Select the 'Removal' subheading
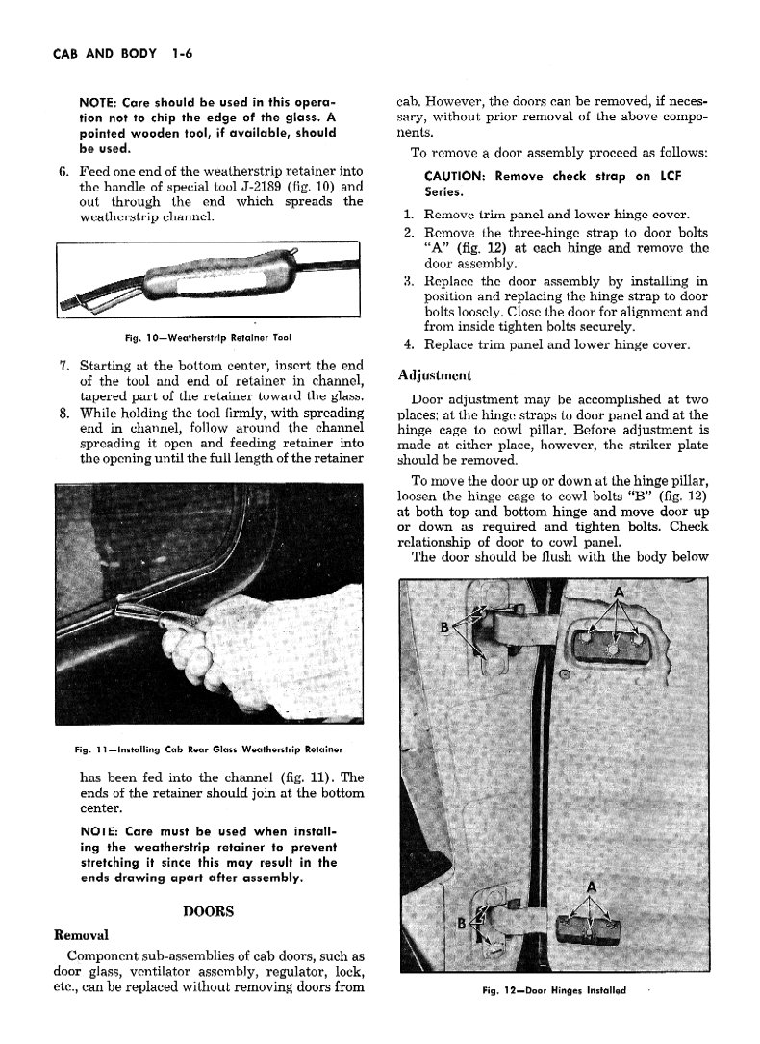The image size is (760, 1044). click(x=82, y=934)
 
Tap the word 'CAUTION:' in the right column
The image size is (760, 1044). click(x=456, y=176)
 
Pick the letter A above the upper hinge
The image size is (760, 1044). click(x=617, y=590)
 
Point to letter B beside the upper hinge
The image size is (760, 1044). click(x=444, y=628)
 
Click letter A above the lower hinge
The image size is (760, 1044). click(x=591, y=886)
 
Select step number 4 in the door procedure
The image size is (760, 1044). click(x=409, y=344)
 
